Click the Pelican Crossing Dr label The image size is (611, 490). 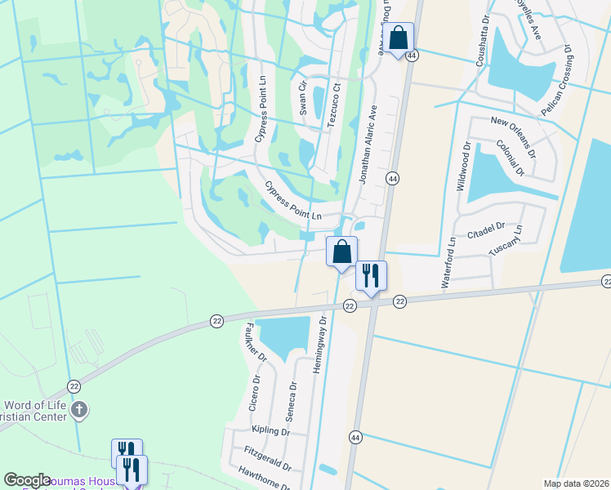(x=557, y=80)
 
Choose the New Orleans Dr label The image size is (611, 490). (x=513, y=136)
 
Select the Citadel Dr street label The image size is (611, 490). (x=488, y=231)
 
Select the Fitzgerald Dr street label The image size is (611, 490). (x=263, y=458)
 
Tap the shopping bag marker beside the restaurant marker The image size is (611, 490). (x=342, y=251)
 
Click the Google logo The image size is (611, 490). (x=28, y=480)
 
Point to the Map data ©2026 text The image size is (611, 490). (x=576, y=483)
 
